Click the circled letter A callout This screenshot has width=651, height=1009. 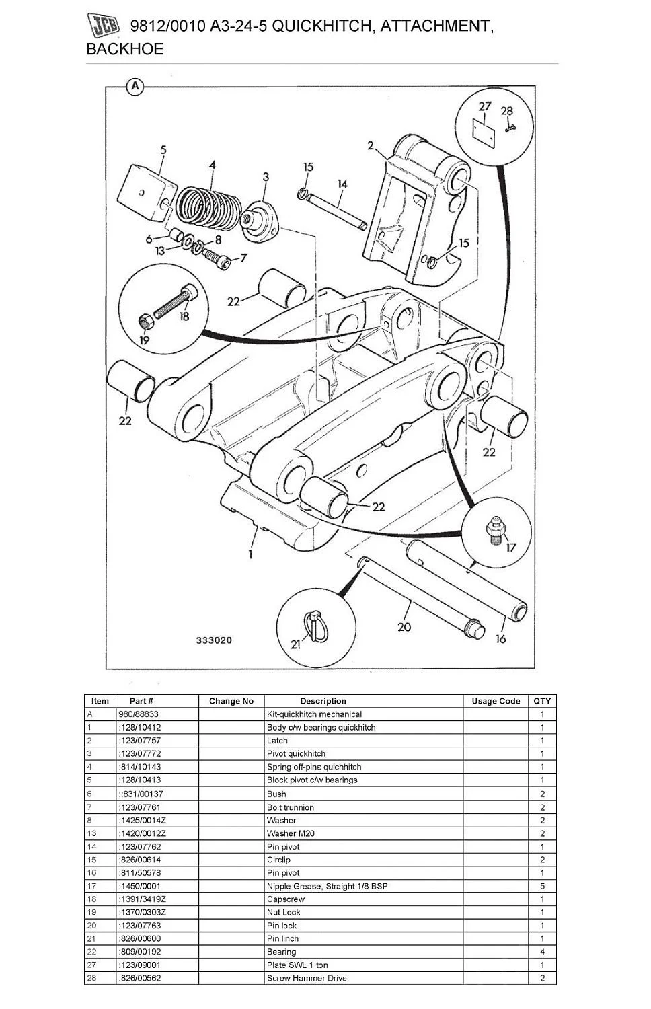click(x=135, y=87)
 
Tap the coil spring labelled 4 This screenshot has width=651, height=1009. click(x=206, y=202)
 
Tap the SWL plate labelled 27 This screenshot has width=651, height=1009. click(x=484, y=132)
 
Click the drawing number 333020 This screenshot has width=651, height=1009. click(x=214, y=640)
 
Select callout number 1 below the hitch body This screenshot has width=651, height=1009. click(x=250, y=554)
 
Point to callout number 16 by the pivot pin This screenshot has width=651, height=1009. click(x=500, y=638)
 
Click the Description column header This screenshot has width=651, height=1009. click(x=323, y=701)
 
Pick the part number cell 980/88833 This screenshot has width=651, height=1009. click(x=139, y=714)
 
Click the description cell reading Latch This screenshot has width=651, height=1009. click(x=277, y=741)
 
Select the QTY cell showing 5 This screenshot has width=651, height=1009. click(x=542, y=886)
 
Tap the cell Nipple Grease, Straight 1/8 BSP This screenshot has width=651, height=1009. click(x=327, y=886)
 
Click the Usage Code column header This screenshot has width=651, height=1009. click(x=496, y=701)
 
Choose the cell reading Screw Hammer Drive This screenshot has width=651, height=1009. click(x=307, y=978)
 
